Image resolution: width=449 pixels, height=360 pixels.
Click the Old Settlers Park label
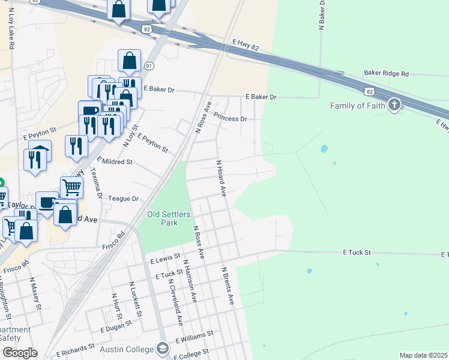tap(163, 218)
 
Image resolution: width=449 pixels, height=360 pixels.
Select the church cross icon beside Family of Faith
tap(394, 106)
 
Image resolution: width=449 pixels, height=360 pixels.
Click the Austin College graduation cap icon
tap(162, 348)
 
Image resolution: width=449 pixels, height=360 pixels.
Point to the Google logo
tap(19, 353)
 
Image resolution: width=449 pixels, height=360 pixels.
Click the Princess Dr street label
tap(230, 119)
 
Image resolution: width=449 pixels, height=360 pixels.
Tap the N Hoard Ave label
tap(221, 178)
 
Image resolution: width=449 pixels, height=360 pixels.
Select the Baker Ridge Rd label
tap(386, 73)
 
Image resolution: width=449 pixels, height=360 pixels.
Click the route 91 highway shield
tap(149, 65)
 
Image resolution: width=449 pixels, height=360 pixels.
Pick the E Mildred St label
tap(114, 162)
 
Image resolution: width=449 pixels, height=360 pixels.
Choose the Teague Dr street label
tap(124, 199)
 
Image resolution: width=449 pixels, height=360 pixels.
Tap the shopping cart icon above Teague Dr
tap(71, 187)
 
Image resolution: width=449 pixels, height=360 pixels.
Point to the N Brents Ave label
tap(227, 286)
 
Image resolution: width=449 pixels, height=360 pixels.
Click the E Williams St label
tap(194, 337)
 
